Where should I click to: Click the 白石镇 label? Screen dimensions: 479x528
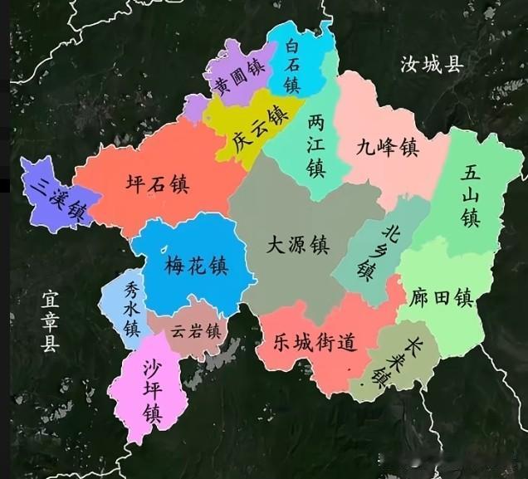(x=291, y=66)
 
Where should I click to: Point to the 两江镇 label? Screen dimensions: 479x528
(x=315, y=145)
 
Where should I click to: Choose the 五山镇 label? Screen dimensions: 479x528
(x=471, y=196)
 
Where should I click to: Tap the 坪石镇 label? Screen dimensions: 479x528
(x=157, y=183)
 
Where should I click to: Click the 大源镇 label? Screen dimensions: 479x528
(x=297, y=245)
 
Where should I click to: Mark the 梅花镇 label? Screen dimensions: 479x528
(x=196, y=266)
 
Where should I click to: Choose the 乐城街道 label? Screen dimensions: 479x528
(x=315, y=341)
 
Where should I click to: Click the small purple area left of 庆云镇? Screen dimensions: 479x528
(x=196, y=108)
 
